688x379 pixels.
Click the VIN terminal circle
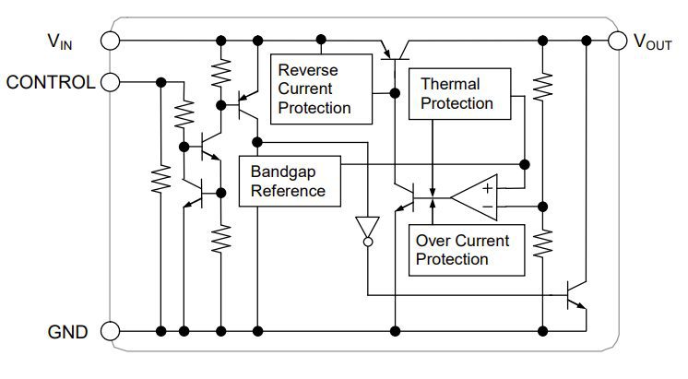pyautogui.click(x=111, y=41)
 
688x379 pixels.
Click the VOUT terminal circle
pyautogui.click(x=616, y=41)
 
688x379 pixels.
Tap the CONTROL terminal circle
pyautogui.click(x=111, y=81)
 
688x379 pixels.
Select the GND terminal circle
pyautogui.click(x=111, y=331)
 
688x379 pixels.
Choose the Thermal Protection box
pyautogui.click(x=457, y=94)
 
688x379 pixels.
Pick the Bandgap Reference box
pyautogui.click(x=288, y=182)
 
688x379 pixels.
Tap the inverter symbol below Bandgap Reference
pyautogui.click(x=366, y=227)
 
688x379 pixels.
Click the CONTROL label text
pyautogui.click(x=50, y=82)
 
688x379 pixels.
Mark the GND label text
pyautogui.click(x=68, y=332)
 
